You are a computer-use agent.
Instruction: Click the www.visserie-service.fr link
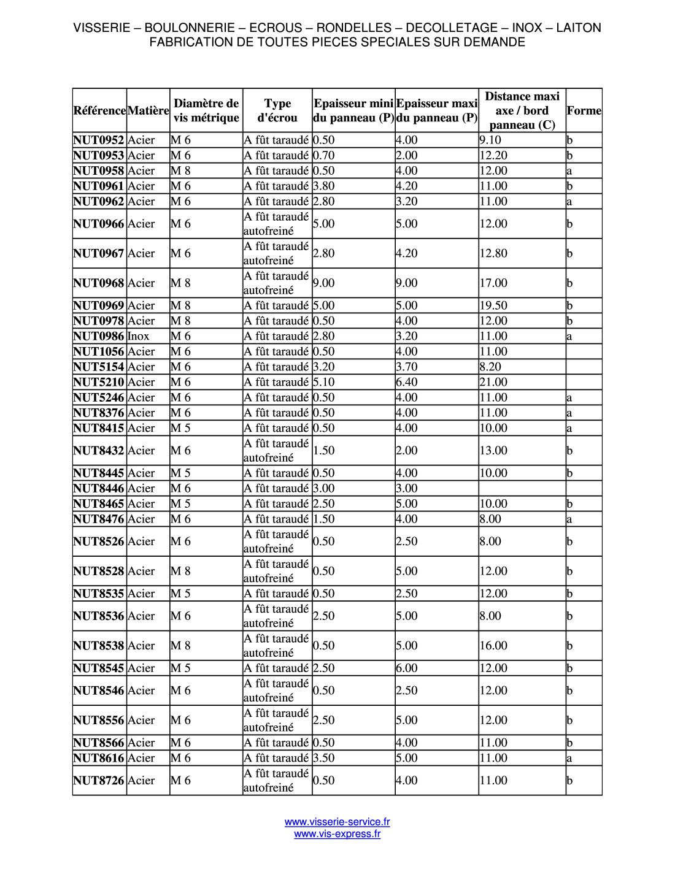coord(337,822)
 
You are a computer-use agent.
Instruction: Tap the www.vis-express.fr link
coord(337,834)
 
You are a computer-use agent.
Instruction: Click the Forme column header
coord(584,110)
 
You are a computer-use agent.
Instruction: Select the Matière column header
coord(148,110)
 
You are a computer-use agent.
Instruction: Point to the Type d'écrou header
coord(277,110)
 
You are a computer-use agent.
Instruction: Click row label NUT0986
coord(99,336)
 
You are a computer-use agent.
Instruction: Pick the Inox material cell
coord(139,336)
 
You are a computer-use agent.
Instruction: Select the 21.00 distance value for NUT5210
coord(494,382)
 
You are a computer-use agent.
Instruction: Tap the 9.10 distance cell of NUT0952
coord(491,140)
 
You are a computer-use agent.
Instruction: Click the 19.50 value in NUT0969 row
coord(494,305)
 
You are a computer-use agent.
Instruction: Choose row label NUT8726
coord(99,781)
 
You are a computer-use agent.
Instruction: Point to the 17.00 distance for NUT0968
coord(494,283)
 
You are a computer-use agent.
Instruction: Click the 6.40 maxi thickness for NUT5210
coord(407,382)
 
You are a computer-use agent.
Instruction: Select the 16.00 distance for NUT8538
coord(494,646)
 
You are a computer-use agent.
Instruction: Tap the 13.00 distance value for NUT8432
coord(494,451)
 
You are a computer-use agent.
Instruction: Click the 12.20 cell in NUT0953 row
coord(494,155)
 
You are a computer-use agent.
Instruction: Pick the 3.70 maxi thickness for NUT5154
coord(407,367)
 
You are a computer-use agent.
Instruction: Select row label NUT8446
coord(99,488)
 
